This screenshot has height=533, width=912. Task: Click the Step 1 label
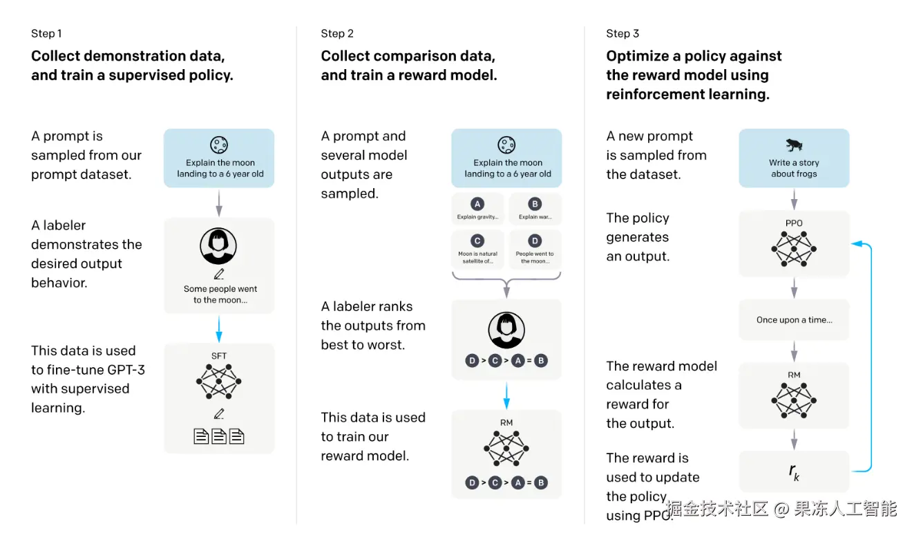(46, 33)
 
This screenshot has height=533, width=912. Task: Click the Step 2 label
(337, 33)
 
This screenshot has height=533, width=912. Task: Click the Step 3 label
(623, 33)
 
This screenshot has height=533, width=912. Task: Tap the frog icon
(794, 144)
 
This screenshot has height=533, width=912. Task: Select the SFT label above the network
(218, 356)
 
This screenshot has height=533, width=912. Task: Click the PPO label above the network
(794, 223)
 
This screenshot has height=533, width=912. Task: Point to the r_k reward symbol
(794, 472)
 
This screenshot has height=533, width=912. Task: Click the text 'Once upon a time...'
(795, 320)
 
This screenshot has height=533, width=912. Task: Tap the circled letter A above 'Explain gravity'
(477, 204)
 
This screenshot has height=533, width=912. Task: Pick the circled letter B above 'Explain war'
(535, 204)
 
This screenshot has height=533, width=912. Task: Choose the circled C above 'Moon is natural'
(477, 241)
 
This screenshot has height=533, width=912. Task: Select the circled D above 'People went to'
(535, 241)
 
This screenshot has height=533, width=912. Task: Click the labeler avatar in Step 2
(506, 330)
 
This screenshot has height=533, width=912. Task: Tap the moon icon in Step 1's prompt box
(219, 144)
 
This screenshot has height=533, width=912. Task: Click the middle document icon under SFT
(218, 436)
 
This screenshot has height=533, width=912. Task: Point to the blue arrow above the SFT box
(218, 329)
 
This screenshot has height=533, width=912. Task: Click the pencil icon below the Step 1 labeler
(219, 274)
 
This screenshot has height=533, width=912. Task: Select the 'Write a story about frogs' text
(794, 168)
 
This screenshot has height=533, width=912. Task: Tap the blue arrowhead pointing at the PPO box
(857, 243)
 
